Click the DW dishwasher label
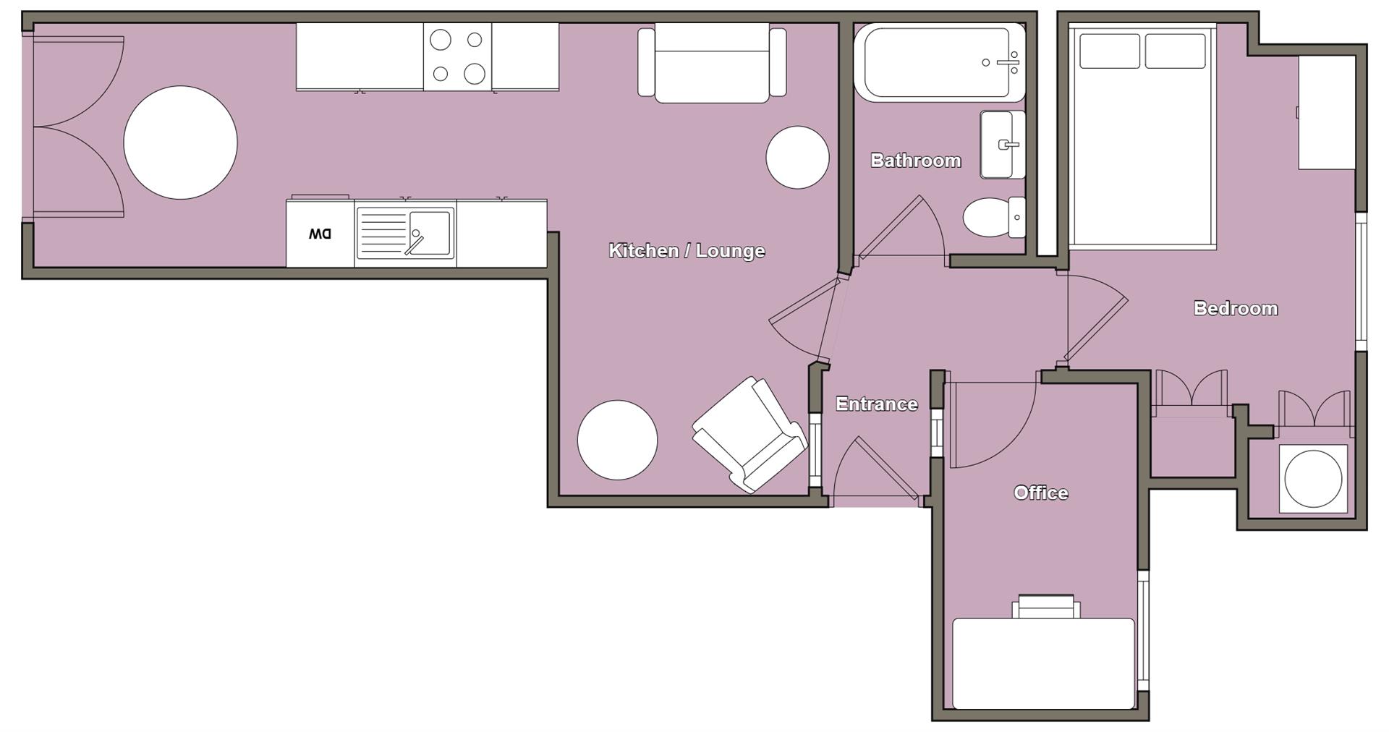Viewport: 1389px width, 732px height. (x=320, y=234)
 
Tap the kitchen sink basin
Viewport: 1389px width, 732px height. (x=431, y=233)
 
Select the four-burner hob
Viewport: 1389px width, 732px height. (x=457, y=56)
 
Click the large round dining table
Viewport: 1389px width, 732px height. (x=180, y=142)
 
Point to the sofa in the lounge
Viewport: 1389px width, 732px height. (x=712, y=64)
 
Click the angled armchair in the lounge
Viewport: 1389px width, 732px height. (x=749, y=435)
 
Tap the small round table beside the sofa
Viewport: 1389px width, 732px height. (x=797, y=157)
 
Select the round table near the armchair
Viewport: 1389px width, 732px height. (x=617, y=440)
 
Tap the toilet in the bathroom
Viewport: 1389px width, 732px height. (x=985, y=216)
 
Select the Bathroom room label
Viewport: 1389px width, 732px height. (x=915, y=160)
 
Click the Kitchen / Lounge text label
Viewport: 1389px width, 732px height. (x=687, y=250)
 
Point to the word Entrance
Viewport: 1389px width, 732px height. (x=876, y=404)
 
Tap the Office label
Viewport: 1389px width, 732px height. (x=1040, y=493)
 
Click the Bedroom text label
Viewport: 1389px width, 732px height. (x=1236, y=308)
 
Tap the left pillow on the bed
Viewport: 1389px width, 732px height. (x=1109, y=51)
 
